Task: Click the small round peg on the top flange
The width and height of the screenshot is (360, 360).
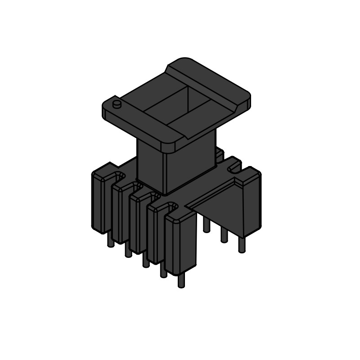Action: point(117,104)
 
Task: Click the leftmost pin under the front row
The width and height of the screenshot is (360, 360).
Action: point(110,241)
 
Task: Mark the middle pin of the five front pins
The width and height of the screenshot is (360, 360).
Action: point(145,261)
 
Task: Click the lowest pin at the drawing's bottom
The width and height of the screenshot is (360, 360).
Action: point(181,281)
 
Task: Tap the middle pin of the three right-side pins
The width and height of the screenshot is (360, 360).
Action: point(224,235)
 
